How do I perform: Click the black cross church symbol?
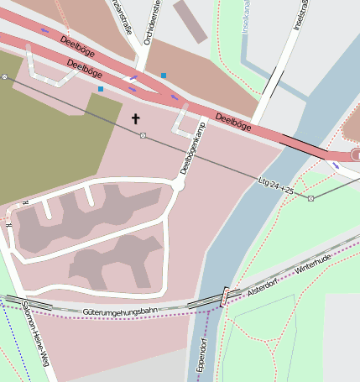click(135, 118)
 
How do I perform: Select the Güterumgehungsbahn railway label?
click(121, 311)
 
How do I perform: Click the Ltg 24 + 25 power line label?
click(276, 185)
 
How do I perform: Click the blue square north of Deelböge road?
click(164, 76)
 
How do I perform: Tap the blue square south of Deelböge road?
click(101, 88)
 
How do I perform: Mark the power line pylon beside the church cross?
click(143, 135)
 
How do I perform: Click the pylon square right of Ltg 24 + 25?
click(311, 198)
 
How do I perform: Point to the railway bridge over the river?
click(224, 296)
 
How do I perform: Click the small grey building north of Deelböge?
click(190, 22)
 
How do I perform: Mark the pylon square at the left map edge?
click(4, 76)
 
